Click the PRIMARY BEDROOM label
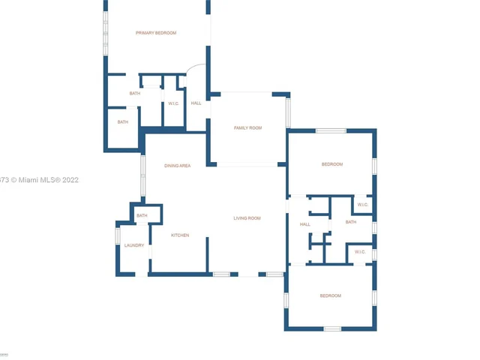[156, 33]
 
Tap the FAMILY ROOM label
[247, 128]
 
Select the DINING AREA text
[178, 165]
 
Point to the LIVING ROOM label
[247, 218]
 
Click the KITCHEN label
[180, 235]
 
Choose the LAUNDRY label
[134, 245]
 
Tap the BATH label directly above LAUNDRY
[142, 216]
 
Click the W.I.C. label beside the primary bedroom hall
[173, 103]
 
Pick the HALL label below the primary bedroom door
[196, 103]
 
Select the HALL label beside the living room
[305, 224]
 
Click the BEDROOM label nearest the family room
[331, 164]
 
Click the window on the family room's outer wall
[288, 111]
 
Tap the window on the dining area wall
[143, 174]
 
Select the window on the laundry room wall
[118, 235]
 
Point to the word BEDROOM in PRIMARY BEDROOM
[166, 33]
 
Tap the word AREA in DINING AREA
[185, 165]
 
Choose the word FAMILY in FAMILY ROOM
[241, 128]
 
